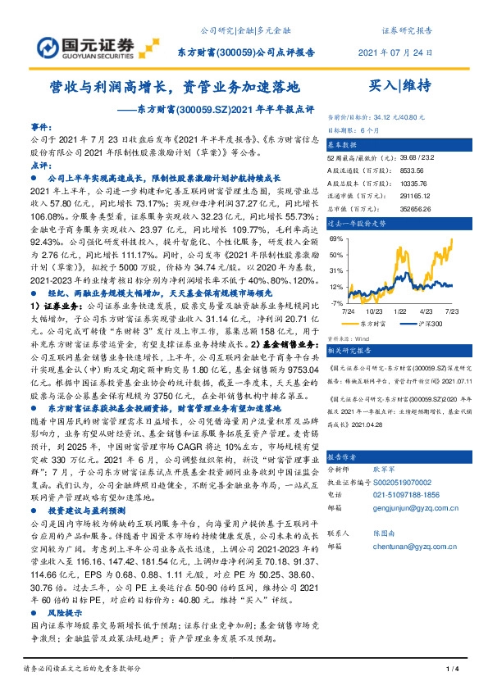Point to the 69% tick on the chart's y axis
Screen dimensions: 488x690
pos(336,238)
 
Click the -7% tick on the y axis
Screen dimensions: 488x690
pos(337,303)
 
